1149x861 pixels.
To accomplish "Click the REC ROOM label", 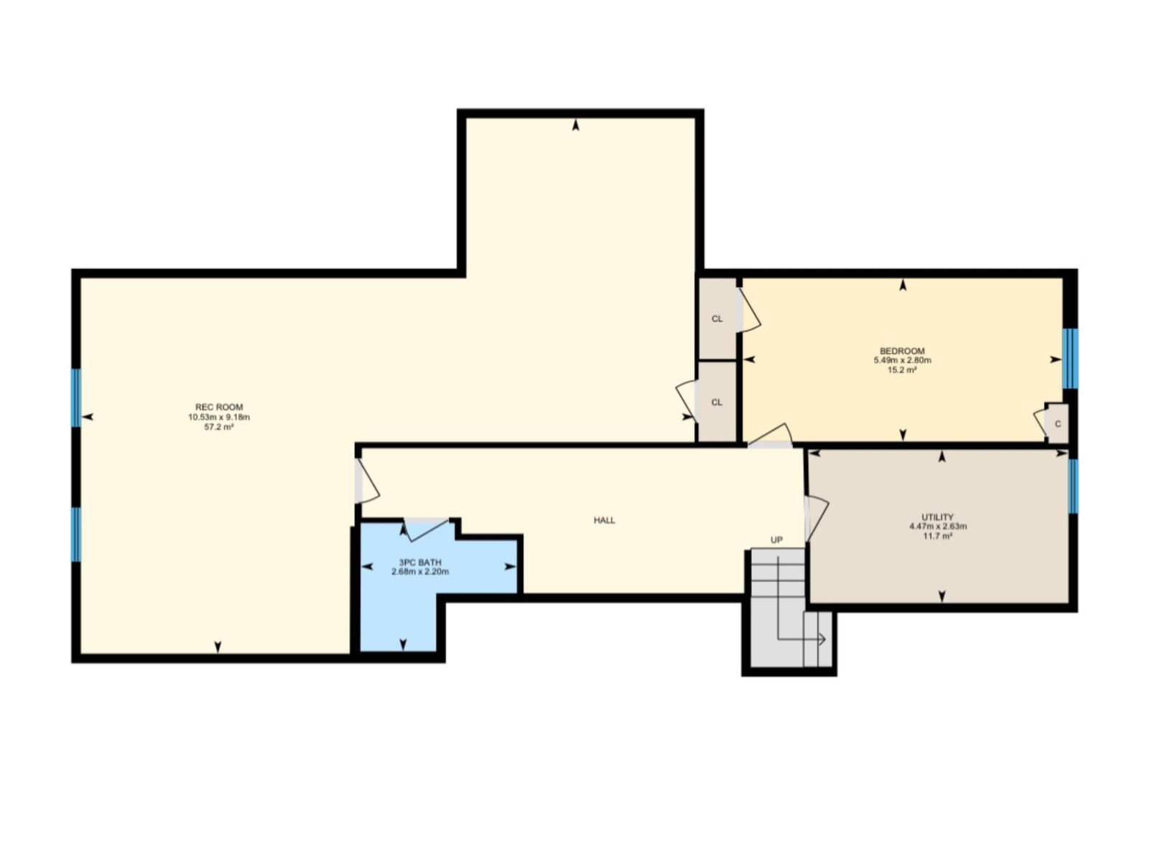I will pyautogui.click(x=219, y=407).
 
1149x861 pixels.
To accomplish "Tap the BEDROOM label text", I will pyautogui.click(x=902, y=351).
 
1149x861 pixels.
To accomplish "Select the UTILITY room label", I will pyautogui.click(x=937, y=517).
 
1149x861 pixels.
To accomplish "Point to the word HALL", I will pyautogui.click(x=604, y=520).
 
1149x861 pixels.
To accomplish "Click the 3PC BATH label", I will pyautogui.click(x=420, y=563).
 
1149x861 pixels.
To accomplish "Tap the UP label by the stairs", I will pyautogui.click(x=776, y=540).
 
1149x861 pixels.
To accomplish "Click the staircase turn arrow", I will pyautogui.click(x=821, y=639).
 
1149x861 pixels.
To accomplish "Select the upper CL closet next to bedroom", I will pyautogui.click(x=717, y=319).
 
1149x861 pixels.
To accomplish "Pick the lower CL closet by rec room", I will pyautogui.click(x=717, y=403).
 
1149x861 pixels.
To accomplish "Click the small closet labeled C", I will pyautogui.click(x=1058, y=424).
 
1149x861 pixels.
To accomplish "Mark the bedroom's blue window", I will pyautogui.click(x=1069, y=358).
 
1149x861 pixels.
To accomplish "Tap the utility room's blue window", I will pyautogui.click(x=1073, y=486).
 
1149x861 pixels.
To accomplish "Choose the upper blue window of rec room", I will pyautogui.click(x=75, y=397).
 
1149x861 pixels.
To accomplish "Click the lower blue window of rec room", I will pyautogui.click(x=75, y=534).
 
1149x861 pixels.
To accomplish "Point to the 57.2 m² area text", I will pyautogui.click(x=219, y=427).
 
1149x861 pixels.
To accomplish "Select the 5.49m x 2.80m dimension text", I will pyautogui.click(x=902, y=360).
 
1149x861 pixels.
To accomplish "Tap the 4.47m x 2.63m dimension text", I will pyautogui.click(x=937, y=526).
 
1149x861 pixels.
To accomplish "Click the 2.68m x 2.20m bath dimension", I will pyautogui.click(x=420, y=572).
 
